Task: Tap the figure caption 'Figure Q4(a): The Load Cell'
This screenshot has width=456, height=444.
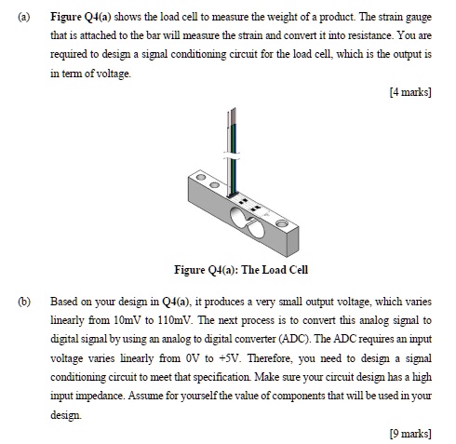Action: point(240,270)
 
